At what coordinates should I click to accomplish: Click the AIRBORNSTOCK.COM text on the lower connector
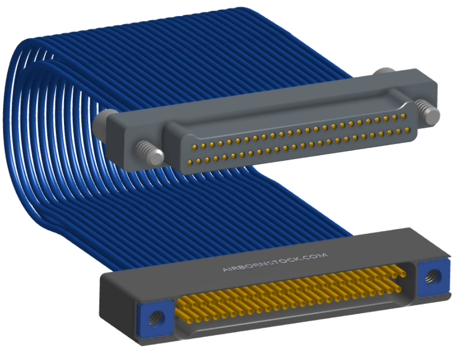(275, 262)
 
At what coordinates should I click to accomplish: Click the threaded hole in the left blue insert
(156, 318)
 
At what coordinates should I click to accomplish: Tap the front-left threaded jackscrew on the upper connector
(149, 152)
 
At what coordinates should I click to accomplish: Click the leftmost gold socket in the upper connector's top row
(194, 147)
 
